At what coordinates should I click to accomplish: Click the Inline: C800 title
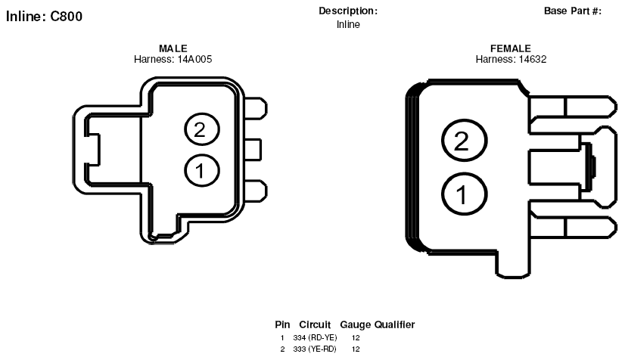pyautogui.click(x=44, y=17)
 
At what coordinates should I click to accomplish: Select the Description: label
pyautogui.click(x=348, y=11)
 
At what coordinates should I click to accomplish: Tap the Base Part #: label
pyautogui.click(x=572, y=11)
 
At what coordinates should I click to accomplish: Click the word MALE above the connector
pyautogui.click(x=173, y=48)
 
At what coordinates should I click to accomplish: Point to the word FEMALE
pyautogui.click(x=511, y=48)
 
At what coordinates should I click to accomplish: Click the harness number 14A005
pyautogui.click(x=195, y=59)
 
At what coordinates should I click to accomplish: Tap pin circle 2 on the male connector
pyautogui.click(x=202, y=129)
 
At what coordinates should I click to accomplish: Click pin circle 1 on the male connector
pyautogui.click(x=202, y=170)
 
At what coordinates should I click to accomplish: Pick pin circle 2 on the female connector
pyautogui.click(x=464, y=140)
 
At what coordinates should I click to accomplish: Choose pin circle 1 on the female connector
pyautogui.click(x=464, y=194)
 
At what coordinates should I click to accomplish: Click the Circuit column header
pyautogui.click(x=315, y=325)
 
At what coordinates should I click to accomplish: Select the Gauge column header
pyautogui.click(x=355, y=325)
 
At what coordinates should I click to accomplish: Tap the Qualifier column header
pyautogui.click(x=395, y=325)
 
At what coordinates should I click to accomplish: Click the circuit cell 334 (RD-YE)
pyautogui.click(x=315, y=338)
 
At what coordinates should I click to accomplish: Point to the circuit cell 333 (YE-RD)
pyautogui.click(x=315, y=349)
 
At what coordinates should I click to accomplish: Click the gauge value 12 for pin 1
pyautogui.click(x=356, y=338)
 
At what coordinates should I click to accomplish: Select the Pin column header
pyautogui.click(x=282, y=325)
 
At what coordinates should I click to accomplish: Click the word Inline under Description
pyautogui.click(x=348, y=25)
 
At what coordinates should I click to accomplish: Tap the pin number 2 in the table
pyautogui.click(x=282, y=349)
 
